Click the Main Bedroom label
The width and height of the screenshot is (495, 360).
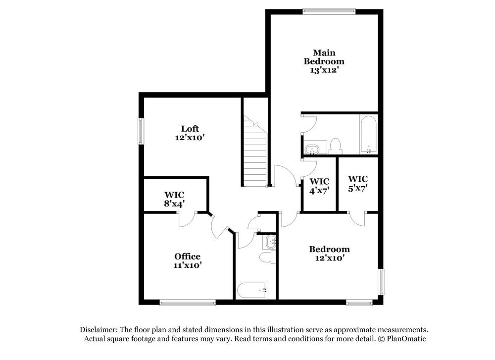324,57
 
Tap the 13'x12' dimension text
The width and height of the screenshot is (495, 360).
324,70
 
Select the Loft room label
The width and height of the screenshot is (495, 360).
190,129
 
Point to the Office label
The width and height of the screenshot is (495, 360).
187,256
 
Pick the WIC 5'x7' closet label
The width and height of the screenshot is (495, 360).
357,183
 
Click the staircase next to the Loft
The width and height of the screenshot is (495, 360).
255,154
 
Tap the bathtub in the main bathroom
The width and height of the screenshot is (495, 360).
368,135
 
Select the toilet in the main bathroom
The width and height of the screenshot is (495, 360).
336,146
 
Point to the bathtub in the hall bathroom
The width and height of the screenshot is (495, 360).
252,290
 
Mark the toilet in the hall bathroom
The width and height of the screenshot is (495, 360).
267,257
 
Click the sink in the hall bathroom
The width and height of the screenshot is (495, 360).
270,242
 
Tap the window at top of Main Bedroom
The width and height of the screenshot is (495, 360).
329,10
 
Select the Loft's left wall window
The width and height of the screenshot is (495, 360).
141,131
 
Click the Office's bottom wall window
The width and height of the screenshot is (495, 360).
188,302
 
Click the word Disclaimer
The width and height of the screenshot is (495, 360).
97,329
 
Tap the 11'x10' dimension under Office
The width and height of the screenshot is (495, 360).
187,265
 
